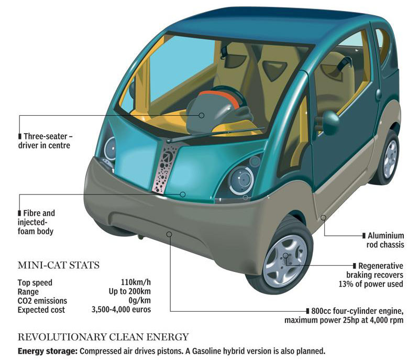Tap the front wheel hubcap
pyautogui.click(x=285, y=258)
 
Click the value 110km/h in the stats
pyautogui.click(x=136, y=282)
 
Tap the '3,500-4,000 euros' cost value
pyautogui.click(x=122, y=309)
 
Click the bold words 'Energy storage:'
pyautogui.click(x=47, y=351)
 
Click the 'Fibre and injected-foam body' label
pyautogui.click(x=37, y=222)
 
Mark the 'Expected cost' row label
pyautogui.click(x=41, y=309)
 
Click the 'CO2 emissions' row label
pyautogui.click(x=42, y=300)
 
